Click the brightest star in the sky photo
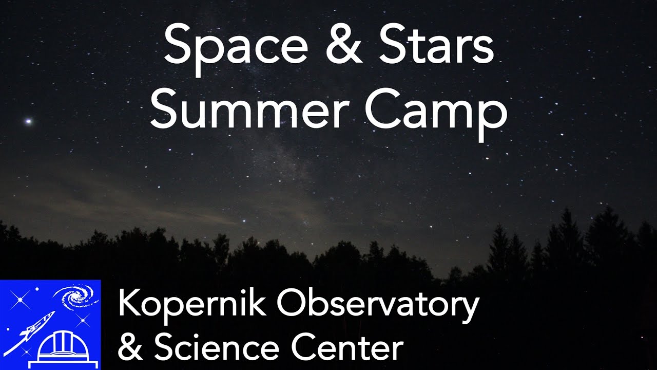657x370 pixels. click(x=29, y=122)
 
